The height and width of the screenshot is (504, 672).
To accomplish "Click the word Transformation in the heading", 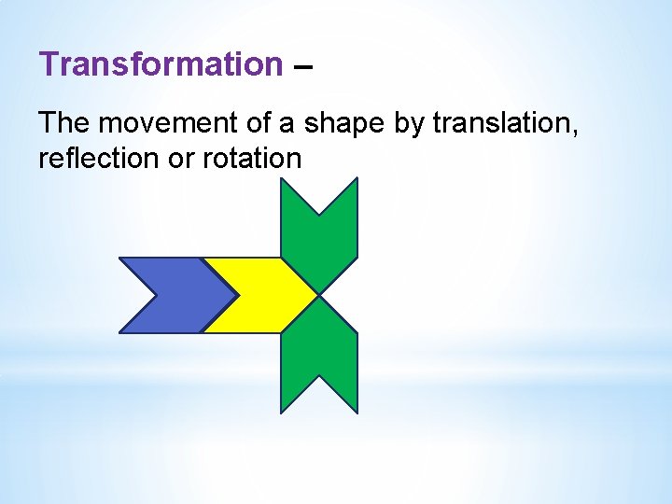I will coord(161,64).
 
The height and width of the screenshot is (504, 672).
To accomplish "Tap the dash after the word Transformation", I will coord(303,67).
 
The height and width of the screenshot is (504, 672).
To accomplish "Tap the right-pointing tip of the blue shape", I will coord(237,295).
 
